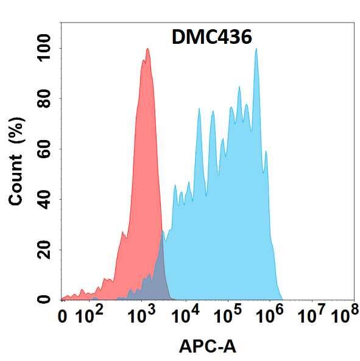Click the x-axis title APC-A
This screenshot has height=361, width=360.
[x=207, y=346]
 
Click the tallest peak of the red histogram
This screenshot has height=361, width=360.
[x=147, y=50]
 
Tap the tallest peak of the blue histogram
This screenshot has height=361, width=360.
[x=256, y=50]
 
